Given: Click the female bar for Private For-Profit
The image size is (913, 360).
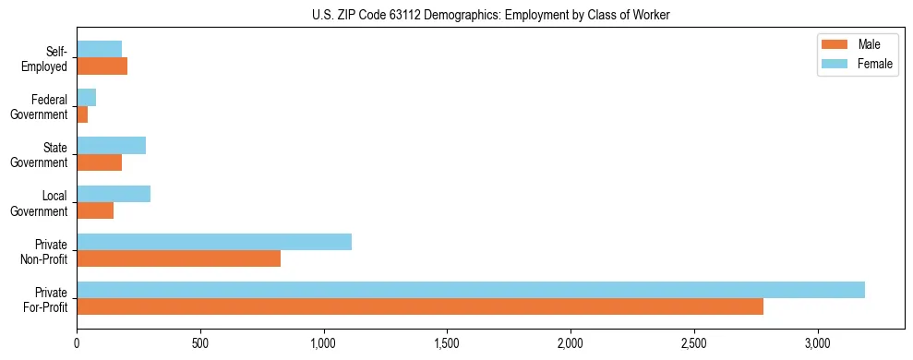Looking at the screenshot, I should coord(471,290).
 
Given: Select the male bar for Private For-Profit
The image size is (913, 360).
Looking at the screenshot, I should coord(420,306).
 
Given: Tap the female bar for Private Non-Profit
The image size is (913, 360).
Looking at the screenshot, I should coord(214,242).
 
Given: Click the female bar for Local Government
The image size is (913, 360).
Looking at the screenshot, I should coord(114,194).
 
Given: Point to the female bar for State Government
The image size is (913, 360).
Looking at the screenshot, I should coord(112,146).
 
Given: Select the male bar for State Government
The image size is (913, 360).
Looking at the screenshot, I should coord(100,162).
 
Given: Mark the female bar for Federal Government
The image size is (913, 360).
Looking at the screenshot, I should coord(87,97).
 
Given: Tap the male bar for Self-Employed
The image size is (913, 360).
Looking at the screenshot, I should coord(102,66).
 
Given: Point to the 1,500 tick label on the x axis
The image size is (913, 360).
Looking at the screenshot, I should coord(447,343).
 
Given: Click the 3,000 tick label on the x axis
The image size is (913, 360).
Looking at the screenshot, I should coord(818,343).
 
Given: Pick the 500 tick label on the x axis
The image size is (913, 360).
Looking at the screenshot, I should coord(200,343).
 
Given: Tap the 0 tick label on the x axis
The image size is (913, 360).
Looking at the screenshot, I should coord(78,343).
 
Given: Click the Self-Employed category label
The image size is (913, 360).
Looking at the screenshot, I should coord(45,59).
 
